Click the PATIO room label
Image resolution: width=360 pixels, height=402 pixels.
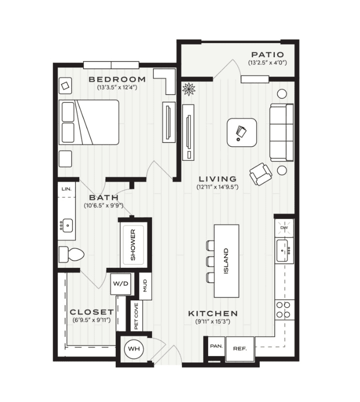click(268, 55)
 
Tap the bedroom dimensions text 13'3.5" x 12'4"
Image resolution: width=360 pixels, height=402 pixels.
click(117, 88)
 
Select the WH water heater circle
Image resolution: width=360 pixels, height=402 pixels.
click(134, 349)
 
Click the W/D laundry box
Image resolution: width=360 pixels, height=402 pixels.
click(120, 284)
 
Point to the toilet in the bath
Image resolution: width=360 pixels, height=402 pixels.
click(72, 254)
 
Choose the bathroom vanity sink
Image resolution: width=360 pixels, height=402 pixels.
click(67, 226)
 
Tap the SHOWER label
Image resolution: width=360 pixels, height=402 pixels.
click(133, 245)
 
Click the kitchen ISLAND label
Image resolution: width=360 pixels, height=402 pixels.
click(226, 261)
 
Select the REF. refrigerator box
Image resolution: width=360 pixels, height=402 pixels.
click(240, 349)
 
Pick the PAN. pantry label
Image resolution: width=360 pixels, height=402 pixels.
click(216, 346)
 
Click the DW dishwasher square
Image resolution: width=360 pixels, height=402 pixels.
click(284, 228)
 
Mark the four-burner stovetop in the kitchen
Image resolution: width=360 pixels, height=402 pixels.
click(284, 309)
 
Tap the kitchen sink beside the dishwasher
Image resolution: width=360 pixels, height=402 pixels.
click(282, 250)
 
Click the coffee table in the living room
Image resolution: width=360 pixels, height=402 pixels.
click(242, 133)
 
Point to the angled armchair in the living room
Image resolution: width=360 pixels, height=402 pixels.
click(261, 174)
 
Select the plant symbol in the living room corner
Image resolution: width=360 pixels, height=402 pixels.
click(189, 89)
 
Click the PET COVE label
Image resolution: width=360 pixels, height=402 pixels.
click(136, 316)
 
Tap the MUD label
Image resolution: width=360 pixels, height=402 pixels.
click(145, 286)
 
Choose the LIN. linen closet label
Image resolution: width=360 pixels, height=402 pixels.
click(67, 189)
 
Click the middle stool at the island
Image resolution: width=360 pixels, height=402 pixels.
click(210, 262)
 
